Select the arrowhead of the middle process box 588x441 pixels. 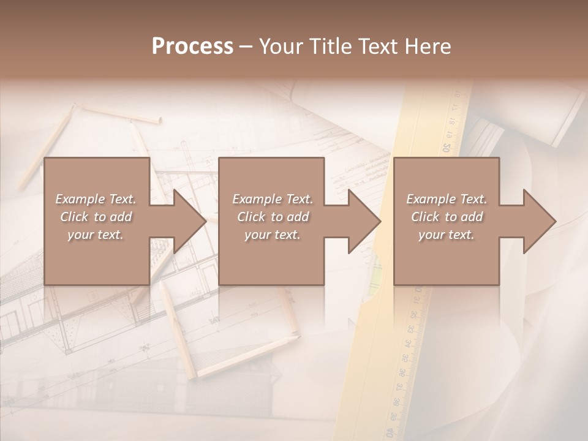click(x=364, y=221)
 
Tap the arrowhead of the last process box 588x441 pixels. click(x=539, y=221)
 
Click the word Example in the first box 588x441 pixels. click(x=80, y=199)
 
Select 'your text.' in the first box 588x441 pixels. click(x=96, y=235)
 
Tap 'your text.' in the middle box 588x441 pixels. click(x=272, y=235)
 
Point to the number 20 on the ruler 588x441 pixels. click(x=447, y=148)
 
